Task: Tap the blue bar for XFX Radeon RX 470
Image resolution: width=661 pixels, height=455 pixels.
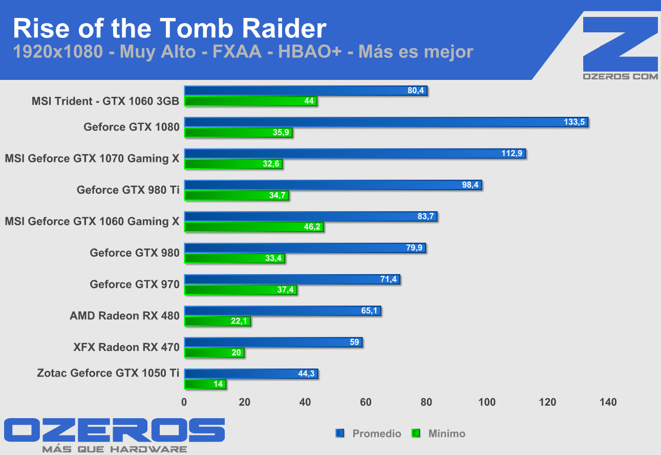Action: coord(273,342)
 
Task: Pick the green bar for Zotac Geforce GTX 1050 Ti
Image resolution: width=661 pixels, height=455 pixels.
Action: coord(205,384)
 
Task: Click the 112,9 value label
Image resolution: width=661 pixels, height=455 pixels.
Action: coord(511,154)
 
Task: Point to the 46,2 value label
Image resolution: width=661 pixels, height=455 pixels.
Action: coord(312,228)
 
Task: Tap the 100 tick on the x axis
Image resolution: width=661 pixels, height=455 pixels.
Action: coord(487,402)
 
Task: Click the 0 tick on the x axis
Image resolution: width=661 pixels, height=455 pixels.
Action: coord(184,402)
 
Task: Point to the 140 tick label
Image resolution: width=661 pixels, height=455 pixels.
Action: coord(608,402)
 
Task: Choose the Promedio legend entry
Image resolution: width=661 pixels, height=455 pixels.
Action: coord(376,434)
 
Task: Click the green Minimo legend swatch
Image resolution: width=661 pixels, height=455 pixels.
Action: coord(416,434)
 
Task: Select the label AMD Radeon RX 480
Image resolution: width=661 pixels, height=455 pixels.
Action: coord(124,316)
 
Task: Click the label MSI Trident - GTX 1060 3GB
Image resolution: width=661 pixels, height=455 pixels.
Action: coord(105,101)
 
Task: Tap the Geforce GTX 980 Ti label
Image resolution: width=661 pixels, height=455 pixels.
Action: coord(128,190)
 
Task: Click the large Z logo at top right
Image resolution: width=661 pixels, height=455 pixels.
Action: coord(621,44)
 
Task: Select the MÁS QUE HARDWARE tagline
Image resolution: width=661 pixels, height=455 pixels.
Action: coord(114,449)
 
